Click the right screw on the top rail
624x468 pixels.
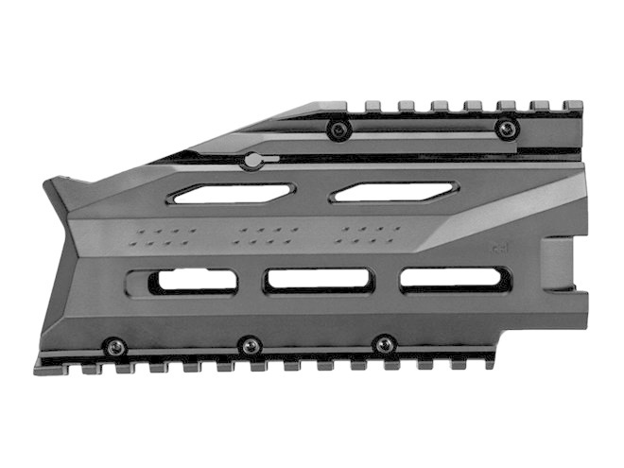(x=508, y=128)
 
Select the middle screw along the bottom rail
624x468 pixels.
(x=249, y=344)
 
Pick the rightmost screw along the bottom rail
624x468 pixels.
(x=384, y=342)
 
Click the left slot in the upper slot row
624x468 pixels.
(x=230, y=195)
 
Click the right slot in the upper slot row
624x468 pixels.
(x=393, y=192)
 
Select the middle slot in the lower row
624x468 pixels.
(x=320, y=279)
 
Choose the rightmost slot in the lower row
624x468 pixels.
(x=454, y=278)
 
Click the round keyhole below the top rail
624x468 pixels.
(x=252, y=161)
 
